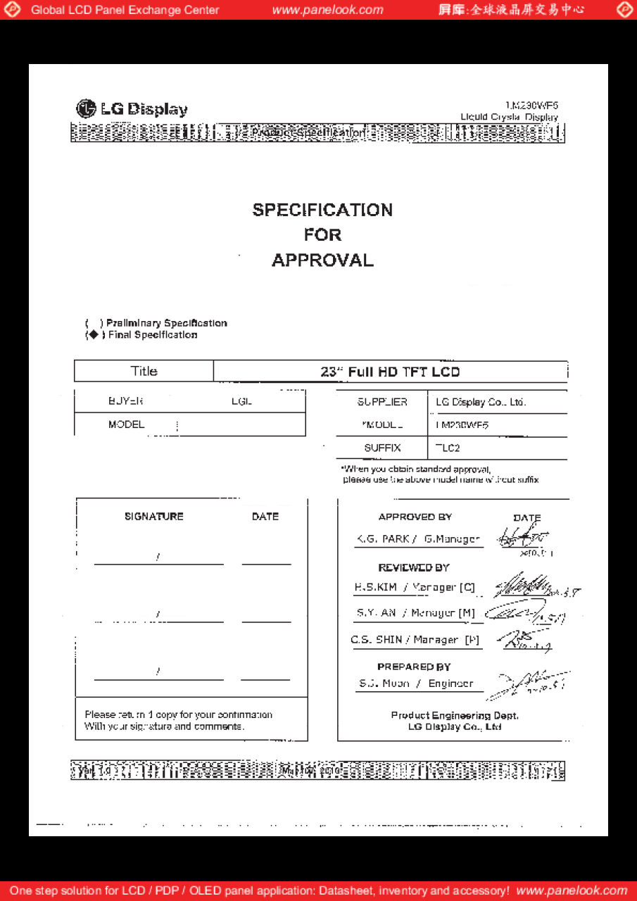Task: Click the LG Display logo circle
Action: (85, 108)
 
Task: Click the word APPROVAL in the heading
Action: (322, 260)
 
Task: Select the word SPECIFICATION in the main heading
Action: (322, 210)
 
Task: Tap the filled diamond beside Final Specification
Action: (94, 335)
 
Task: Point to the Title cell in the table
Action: (144, 371)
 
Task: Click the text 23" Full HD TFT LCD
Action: (390, 372)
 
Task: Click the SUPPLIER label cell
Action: (381, 402)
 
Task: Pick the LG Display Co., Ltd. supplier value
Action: (481, 402)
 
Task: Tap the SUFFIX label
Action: (382, 448)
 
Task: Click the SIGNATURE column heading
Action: (154, 517)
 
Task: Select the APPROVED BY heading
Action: (415, 517)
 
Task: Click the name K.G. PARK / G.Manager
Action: (418, 539)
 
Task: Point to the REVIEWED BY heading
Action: (414, 567)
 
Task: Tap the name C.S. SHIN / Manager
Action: (415, 640)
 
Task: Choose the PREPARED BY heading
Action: (414, 667)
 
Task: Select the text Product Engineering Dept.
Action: (455, 715)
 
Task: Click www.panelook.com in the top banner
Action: (327, 10)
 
